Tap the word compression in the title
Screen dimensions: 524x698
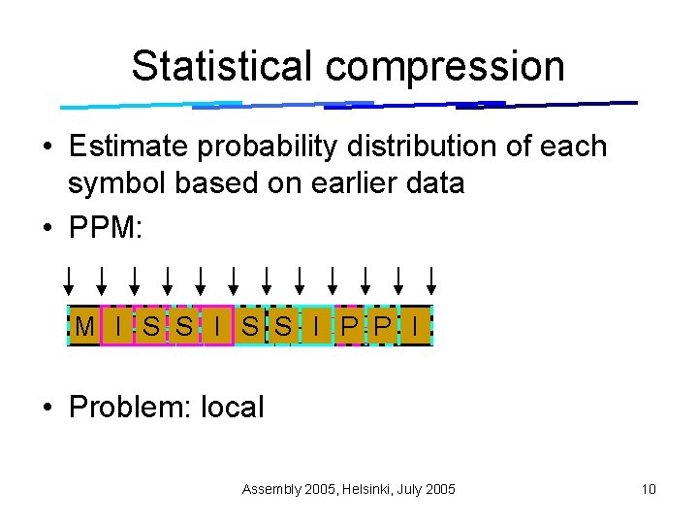click(x=445, y=66)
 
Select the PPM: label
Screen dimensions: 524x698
click(x=106, y=229)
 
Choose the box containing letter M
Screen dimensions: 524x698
click(x=84, y=327)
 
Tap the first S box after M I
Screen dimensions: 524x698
click(x=151, y=327)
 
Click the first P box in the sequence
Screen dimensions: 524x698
click(x=349, y=327)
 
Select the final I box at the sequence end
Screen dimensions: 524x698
click(x=416, y=327)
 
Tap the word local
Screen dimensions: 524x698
click(x=232, y=407)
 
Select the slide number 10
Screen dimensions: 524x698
click(x=649, y=489)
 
